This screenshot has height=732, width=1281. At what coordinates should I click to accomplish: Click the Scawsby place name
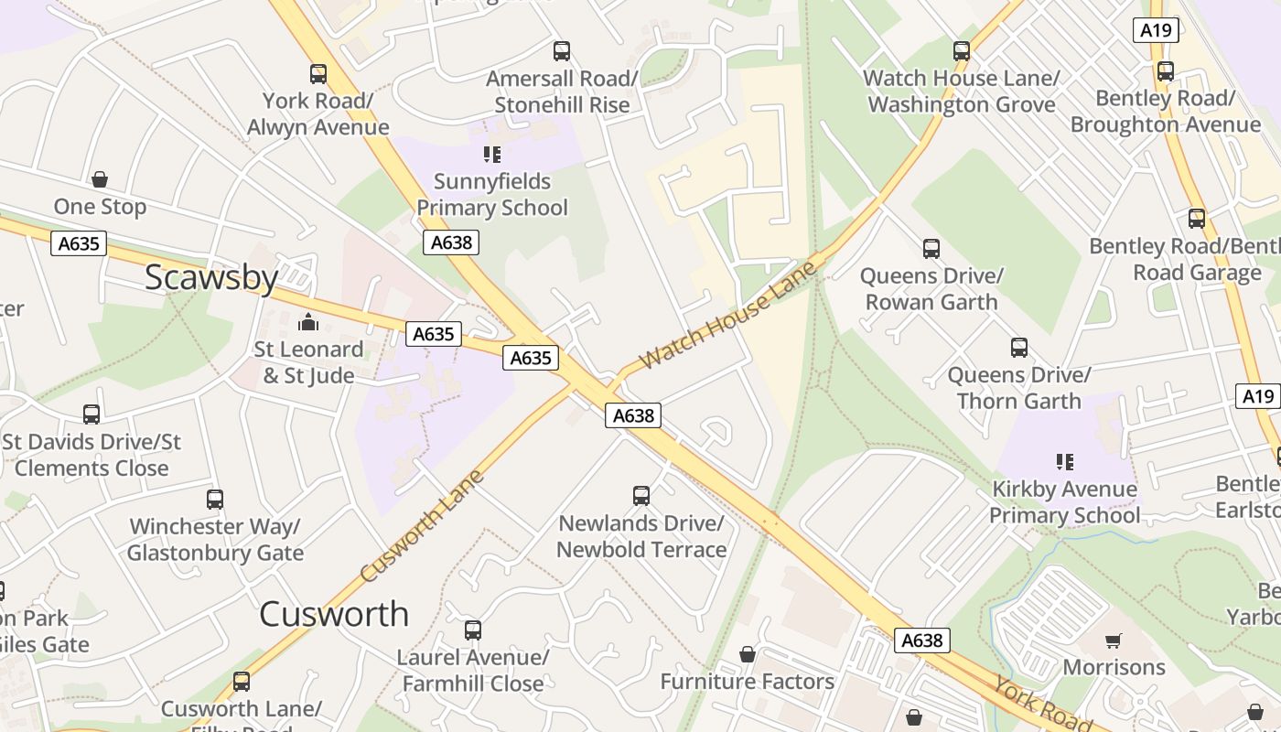tap(211, 277)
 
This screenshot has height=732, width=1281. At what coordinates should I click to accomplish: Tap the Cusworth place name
tap(334, 614)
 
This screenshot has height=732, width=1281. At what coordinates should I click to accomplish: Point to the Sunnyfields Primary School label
tap(492, 195)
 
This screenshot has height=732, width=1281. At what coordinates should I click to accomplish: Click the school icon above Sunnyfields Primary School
tap(492, 155)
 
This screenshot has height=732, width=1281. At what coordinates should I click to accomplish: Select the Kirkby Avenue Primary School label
tap(1064, 502)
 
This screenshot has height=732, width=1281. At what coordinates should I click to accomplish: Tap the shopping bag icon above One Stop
tap(100, 179)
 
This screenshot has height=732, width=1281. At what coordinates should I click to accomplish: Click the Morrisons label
tap(1114, 667)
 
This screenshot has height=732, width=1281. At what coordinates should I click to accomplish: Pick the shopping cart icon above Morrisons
tap(1113, 640)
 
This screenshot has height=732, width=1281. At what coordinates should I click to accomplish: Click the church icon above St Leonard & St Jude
tap(307, 322)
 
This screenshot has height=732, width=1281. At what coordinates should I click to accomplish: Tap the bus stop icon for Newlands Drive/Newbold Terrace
tap(641, 496)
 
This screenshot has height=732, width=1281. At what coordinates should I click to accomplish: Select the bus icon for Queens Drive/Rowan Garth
tap(931, 248)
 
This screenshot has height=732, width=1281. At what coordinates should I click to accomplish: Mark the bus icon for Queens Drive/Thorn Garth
tap(1018, 348)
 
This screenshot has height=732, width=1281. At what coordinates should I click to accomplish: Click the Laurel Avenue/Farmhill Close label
tap(472, 671)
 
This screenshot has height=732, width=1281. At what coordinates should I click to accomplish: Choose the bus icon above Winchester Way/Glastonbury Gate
tap(215, 500)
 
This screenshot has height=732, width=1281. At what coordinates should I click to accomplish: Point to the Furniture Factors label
tap(747, 682)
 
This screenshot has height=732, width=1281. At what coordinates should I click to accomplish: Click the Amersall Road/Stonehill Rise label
tap(562, 91)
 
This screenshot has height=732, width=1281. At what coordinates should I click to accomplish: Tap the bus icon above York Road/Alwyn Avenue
tap(318, 74)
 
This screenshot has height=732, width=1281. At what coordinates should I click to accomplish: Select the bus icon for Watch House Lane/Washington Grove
tap(961, 51)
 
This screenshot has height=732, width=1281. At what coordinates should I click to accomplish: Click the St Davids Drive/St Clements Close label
tap(91, 455)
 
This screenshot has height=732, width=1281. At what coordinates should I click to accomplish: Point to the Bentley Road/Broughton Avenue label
tap(1165, 111)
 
